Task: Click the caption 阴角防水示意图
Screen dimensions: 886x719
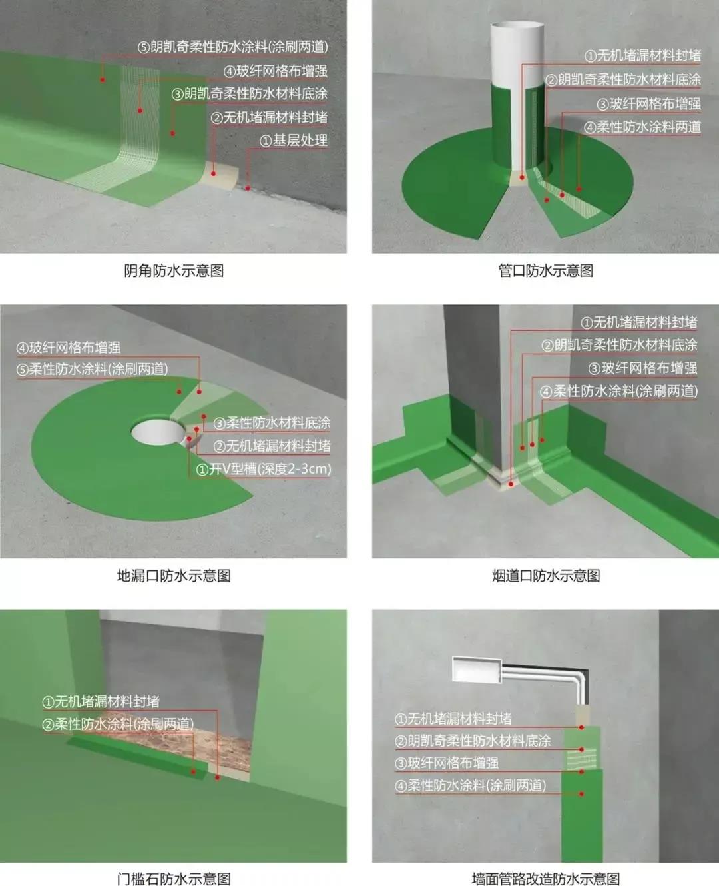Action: [174, 271]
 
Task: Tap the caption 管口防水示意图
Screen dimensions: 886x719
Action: [545, 271]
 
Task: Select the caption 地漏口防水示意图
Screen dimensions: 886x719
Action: [174, 576]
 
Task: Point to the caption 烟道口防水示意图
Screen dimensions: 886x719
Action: [545, 576]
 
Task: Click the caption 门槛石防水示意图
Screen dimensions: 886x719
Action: [174, 879]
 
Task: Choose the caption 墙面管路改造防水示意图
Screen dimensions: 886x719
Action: [545, 879]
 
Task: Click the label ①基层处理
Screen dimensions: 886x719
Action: [293, 141]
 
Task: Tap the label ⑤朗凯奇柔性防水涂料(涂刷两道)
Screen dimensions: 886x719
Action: [232, 47]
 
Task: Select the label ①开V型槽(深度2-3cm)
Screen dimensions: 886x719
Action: [264, 469]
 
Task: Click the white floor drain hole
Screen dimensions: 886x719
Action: [158, 432]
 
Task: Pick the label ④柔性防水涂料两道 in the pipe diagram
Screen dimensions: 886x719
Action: [642, 127]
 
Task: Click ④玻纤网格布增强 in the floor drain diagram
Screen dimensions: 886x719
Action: [69, 347]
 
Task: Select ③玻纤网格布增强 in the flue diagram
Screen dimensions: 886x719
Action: [642, 368]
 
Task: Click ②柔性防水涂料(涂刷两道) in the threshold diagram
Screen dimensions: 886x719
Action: [118, 724]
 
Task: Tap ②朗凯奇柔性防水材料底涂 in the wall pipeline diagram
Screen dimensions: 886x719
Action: [473, 741]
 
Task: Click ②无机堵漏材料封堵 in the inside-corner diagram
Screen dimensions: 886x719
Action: [269, 117]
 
